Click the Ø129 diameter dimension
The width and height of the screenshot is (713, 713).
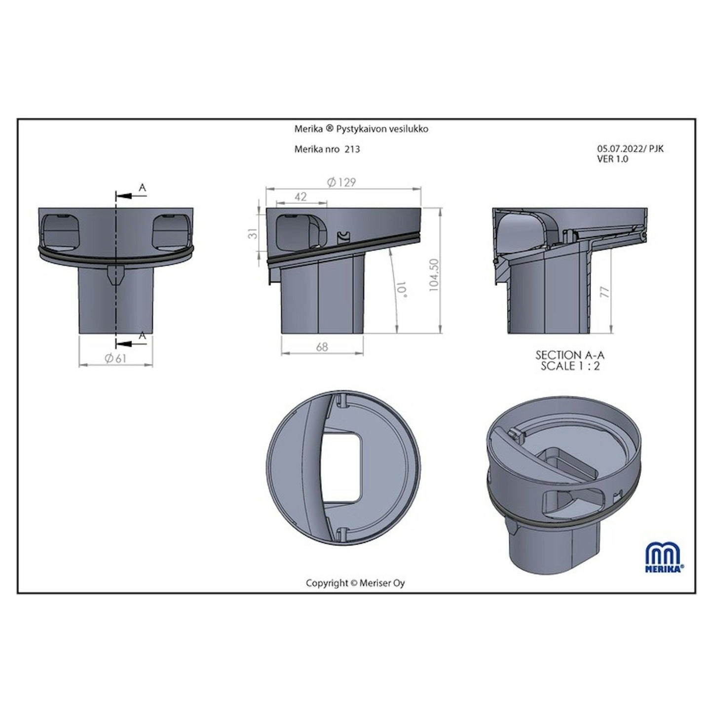[x=341, y=183]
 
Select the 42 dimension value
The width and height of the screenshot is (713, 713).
[x=301, y=197]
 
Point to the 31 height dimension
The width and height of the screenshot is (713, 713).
[x=253, y=233]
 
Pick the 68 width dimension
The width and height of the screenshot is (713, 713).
[x=322, y=347]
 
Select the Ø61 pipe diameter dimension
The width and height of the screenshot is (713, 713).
[x=115, y=358]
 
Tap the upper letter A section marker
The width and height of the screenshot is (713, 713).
[x=143, y=188]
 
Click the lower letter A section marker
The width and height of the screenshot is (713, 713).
[x=143, y=336]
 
